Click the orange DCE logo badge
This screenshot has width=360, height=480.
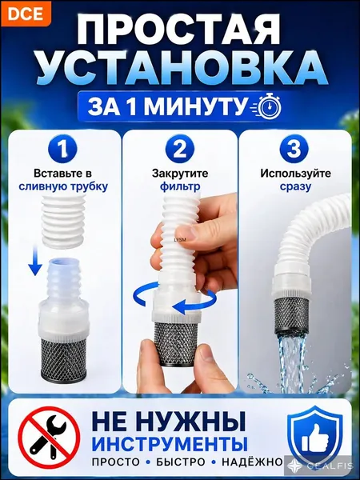click(x=25, y=14)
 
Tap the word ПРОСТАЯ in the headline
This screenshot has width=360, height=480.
click(x=178, y=30)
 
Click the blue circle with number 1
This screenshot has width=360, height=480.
click(x=62, y=149)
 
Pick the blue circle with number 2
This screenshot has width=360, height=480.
click(x=180, y=149)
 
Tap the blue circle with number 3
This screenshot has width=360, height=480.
click(x=294, y=149)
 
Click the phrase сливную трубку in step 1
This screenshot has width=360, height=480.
click(x=63, y=186)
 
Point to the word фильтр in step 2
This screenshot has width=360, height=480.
click(x=180, y=186)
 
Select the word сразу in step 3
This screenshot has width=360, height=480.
click(x=295, y=186)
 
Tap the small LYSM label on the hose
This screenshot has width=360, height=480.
click(x=180, y=240)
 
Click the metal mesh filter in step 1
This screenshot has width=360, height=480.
click(x=64, y=358)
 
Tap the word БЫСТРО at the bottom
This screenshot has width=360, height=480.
click(x=181, y=462)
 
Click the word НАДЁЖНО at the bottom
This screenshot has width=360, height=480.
click(x=252, y=462)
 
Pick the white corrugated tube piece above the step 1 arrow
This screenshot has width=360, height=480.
click(x=63, y=221)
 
